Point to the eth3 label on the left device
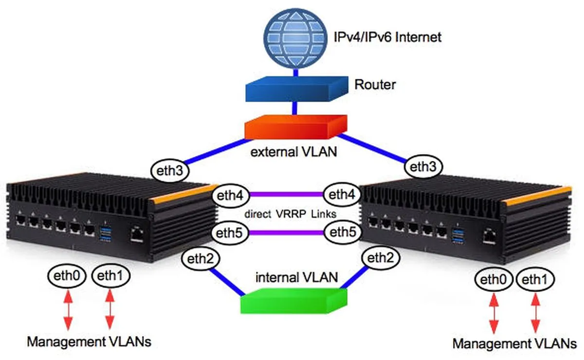point(170,171)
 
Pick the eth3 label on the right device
point(423,167)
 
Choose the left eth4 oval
point(230,196)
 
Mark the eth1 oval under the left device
point(110,276)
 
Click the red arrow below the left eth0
point(68,308)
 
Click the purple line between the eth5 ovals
point(287,233)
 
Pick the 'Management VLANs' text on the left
point(89,342)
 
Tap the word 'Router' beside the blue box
point(375,85)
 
